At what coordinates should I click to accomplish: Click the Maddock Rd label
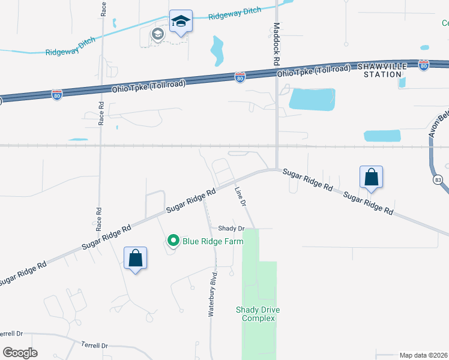(x=277, y=44)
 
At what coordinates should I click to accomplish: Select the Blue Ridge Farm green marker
(x=173, y=241)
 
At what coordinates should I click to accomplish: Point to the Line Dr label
(x=241, y=197)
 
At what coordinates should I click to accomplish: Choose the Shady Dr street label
(x=231, y=228)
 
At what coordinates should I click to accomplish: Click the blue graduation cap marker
(x=180, y=22)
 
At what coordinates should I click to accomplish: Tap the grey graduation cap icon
(x=157, y=34)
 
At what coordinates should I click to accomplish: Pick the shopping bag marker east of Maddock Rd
(x=372, y=177)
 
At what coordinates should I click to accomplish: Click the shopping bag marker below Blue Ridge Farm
(x=135, y=259)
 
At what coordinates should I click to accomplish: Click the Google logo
(x=19, y=352)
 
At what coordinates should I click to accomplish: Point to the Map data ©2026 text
(x=423, y=355)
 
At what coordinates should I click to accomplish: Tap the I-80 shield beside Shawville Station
(x=424, y=64)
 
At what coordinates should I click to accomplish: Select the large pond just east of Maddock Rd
(x=312, y=98)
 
